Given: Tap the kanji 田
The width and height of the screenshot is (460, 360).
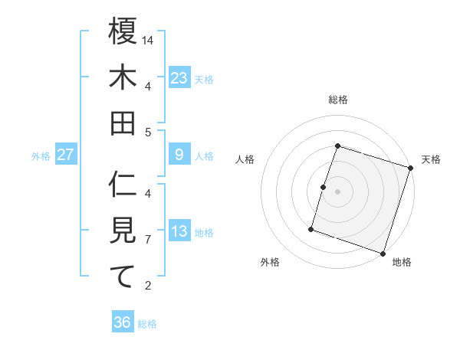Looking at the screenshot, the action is pos(123,123).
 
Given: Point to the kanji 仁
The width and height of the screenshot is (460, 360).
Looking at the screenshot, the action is pos(123,185).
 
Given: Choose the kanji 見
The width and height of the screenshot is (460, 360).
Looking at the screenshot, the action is pos(123,230).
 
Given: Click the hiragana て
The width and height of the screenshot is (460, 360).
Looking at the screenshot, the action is pos(123,276).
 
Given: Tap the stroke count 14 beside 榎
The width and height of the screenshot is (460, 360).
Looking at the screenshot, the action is pos(148,40).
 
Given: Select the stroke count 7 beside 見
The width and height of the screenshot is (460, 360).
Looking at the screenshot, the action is pos(148,240).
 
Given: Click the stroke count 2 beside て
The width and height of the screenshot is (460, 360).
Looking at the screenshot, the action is pos(148,286).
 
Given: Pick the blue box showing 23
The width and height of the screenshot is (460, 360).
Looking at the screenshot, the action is pos(179,77).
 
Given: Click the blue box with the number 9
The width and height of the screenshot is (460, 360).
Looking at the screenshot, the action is pos(179,155).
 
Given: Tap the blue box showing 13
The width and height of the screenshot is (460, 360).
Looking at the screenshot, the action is pos(179,231).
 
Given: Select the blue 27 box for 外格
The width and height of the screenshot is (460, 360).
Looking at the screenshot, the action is pos(65,155).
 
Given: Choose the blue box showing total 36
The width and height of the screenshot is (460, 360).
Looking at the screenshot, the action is pos(123,322).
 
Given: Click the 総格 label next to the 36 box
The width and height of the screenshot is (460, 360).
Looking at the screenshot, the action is pos(147,324).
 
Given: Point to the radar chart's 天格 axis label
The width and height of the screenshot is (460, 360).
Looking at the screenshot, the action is pos(431,159).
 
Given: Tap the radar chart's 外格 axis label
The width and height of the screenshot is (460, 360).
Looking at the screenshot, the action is pos(269,262).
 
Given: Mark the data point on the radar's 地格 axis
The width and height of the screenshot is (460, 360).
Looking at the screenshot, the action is pos(383,253).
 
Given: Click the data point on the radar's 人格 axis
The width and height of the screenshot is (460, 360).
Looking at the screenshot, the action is pos(323,187).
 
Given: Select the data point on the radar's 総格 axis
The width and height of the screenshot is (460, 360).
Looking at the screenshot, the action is pos(337,146).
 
